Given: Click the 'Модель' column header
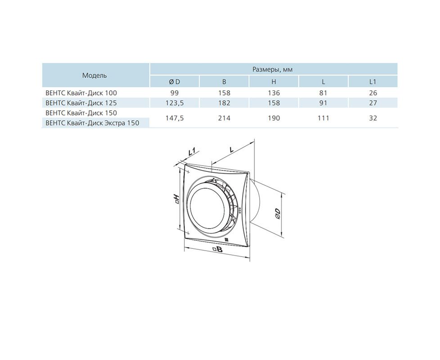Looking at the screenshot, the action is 94,76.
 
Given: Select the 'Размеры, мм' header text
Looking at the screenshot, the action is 273,69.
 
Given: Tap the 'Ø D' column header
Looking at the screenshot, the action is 174,81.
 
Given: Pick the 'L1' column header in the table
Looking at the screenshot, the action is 373,81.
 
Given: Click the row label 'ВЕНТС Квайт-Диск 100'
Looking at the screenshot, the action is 81,93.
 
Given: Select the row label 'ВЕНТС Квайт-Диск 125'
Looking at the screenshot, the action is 81,103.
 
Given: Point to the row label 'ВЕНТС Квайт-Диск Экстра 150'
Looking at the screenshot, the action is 92,123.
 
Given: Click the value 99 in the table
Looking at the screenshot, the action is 174,93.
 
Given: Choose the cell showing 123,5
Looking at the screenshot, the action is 174,103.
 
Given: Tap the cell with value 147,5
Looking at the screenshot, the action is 174,118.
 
